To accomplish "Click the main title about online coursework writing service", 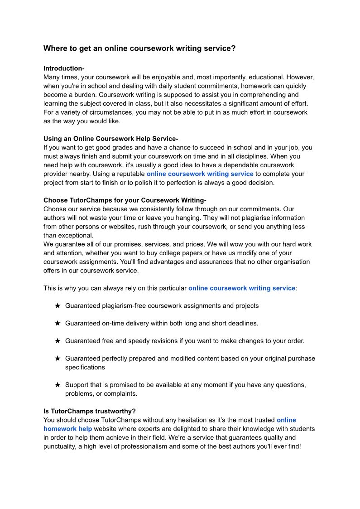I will tap(139, 48).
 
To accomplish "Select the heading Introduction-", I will tap(64, 68).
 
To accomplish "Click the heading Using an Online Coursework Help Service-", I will tap(110, 139).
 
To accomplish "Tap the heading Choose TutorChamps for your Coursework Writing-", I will tap(125, 200).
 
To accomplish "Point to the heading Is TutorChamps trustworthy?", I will tap(89, 411).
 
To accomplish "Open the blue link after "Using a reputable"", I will tap(200, 174).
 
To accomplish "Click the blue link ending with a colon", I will tap(241, 288).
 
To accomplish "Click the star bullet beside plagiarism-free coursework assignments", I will tap(58, 305).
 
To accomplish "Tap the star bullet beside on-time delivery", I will tap(58, 323).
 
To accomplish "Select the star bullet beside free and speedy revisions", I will tap(58, 341).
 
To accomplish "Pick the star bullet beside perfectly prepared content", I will tap(58, 359).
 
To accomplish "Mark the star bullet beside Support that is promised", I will tap(58, 385).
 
